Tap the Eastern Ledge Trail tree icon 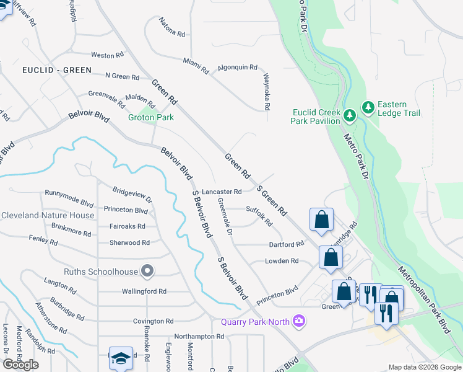pos(369,108)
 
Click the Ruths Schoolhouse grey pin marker pos(147,271)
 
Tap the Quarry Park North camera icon pos(300,321)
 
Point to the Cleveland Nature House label pos(48,215)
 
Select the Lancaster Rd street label pos(221,192)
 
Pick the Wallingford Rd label pos(144,291)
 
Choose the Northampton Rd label pos(199,336)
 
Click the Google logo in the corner pos(20,364)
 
